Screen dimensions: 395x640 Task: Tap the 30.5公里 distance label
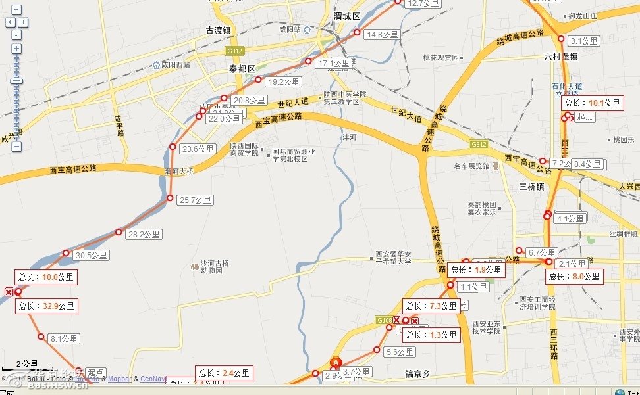92,255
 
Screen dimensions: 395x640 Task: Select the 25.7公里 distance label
196,200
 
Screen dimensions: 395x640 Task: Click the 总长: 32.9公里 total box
47,306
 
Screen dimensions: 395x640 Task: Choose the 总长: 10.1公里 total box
593,103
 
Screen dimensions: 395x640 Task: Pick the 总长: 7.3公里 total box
431,306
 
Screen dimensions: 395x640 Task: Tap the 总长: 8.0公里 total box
575,277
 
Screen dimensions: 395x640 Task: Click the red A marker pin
336,362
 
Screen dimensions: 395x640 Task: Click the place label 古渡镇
219,30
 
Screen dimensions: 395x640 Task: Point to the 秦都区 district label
242,68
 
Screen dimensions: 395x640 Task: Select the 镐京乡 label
417,374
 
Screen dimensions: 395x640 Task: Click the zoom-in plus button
16,49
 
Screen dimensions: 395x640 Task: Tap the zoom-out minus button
16,147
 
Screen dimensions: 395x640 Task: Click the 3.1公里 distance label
584,41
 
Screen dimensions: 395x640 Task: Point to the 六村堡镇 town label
560,57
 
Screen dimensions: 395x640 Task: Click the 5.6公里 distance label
400,352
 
